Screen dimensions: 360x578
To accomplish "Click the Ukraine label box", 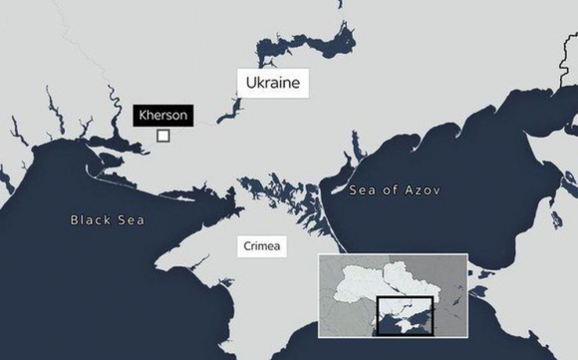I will pyautogui.click(x=271, y=82).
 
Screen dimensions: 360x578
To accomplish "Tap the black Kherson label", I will pyautogui.click(x=162, y=116).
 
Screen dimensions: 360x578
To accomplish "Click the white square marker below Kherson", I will pyautogui.click(x=163, y=137).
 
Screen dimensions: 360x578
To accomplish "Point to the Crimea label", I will pyautogui.click(x=261, y=244).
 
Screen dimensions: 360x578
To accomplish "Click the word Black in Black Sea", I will pyautogui.click(x=92, y=219).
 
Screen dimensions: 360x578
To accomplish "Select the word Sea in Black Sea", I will pyautogui.click(x=129, y=219).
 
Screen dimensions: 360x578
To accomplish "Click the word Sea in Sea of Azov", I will pyautogui.click(x=362, y=190).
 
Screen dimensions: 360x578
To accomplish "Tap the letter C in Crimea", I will pyautogui.click(x=244, y=244).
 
